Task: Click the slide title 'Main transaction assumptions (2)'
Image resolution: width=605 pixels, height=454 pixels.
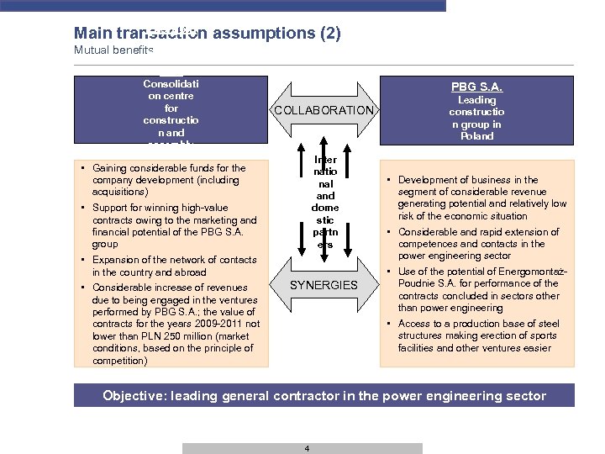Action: (x=207, y=34)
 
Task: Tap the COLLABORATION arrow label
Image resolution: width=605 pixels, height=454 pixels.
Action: (x=324, y=110)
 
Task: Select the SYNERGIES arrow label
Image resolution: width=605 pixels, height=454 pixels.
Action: (x=324, y=285)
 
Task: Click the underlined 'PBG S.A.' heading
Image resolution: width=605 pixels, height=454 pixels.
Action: (x=476, y=87)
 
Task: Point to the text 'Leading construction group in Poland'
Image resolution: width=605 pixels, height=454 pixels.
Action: (x=476, y=118)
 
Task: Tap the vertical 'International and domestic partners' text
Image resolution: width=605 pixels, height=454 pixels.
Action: (x=324, y=202)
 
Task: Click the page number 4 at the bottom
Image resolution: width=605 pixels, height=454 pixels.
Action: (x=307, y=448)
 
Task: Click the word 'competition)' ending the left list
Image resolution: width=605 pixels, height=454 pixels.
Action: (x=119, y=361)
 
